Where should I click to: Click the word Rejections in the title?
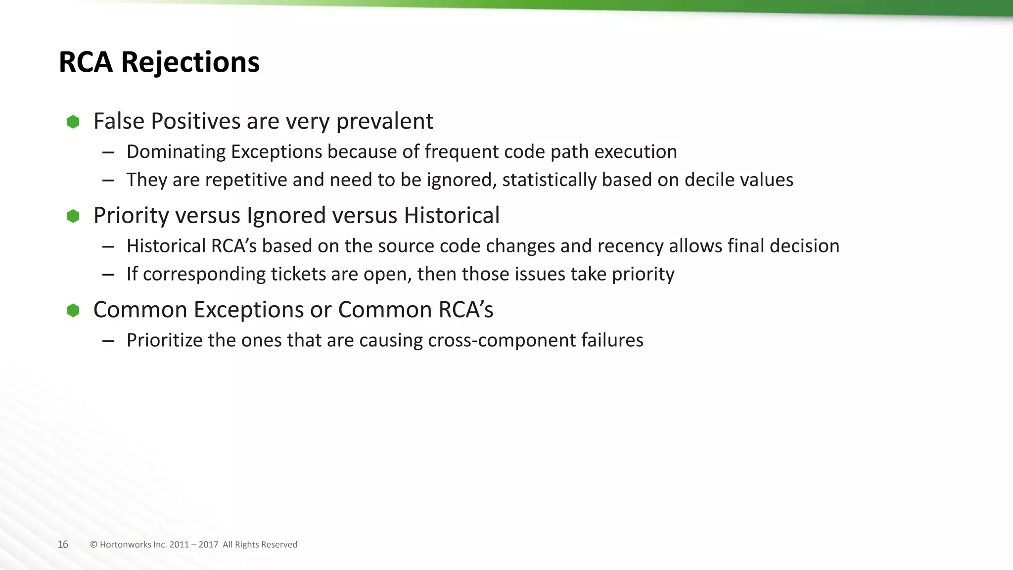tap(190, 62)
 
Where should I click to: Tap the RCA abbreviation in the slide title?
tap(85, 62)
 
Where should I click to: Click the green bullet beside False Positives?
tap(73, 122)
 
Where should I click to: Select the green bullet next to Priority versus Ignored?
tap(73, 216)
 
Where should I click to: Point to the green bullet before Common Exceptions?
tap(73, 311)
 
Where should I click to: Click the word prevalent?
tap(384, 122)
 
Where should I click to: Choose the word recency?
tap(630, 246)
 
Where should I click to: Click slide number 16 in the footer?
tap(63, 545)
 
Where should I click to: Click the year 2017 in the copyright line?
tap(208, 545)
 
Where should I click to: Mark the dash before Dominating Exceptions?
tap(108, 152)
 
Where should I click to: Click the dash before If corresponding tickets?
tap(108, 275)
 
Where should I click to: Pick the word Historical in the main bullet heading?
tap(451, 216)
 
